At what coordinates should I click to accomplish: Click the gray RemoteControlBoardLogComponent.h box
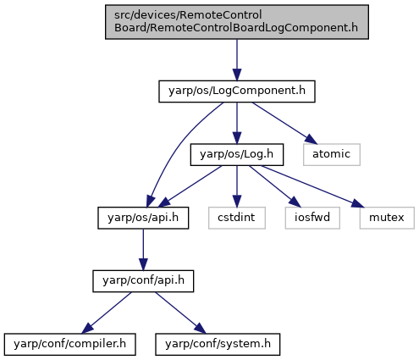tap(237, 22)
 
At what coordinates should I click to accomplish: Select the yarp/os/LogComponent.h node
tap(237, 91)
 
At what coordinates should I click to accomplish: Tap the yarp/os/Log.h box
tap(237, 155)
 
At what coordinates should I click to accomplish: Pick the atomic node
tap(332, 155)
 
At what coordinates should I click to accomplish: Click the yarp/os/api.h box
tap(143, 218)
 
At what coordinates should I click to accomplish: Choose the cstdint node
tap(237, 218)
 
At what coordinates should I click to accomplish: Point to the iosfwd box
tap(312, 218)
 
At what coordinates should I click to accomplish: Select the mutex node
tap(387, 218)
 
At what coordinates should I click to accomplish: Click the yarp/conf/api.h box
tap(143, 281)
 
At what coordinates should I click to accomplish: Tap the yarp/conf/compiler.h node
tap(69, 345)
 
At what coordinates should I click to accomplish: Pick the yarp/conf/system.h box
tap(218, 345)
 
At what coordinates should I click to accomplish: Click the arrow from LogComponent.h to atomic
tap(285, 123)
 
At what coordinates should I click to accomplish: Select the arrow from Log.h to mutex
tap(312, 186)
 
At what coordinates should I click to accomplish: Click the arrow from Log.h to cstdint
tap(237, 186)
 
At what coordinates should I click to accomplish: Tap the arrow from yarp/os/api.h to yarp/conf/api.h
tap(143, 250)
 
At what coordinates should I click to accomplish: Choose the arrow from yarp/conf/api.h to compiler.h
tap(107, 313)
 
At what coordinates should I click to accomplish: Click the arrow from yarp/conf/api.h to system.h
tap(181, 313)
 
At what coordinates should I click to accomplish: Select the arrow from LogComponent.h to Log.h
tap(237, 123)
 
